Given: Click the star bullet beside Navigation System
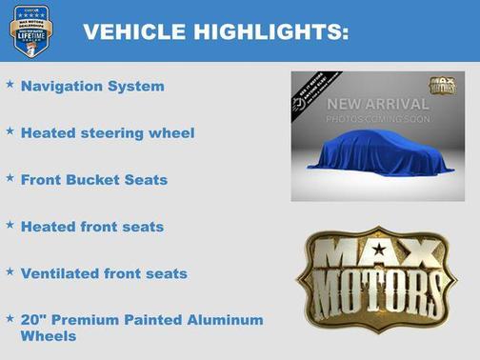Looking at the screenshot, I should [10, 85].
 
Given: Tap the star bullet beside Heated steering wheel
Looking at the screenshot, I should [10, 130].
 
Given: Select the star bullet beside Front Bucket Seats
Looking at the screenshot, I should [10, 177].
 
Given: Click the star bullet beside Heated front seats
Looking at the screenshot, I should [10, 225].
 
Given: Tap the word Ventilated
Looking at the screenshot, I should [61, 273].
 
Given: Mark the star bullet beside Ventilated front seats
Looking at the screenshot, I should [10, 271].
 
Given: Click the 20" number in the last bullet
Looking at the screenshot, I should [32, 320].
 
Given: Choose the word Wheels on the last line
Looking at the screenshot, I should [48, 336].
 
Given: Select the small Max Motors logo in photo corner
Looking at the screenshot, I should [442, 87].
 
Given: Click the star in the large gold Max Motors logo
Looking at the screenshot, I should [379, 250].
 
